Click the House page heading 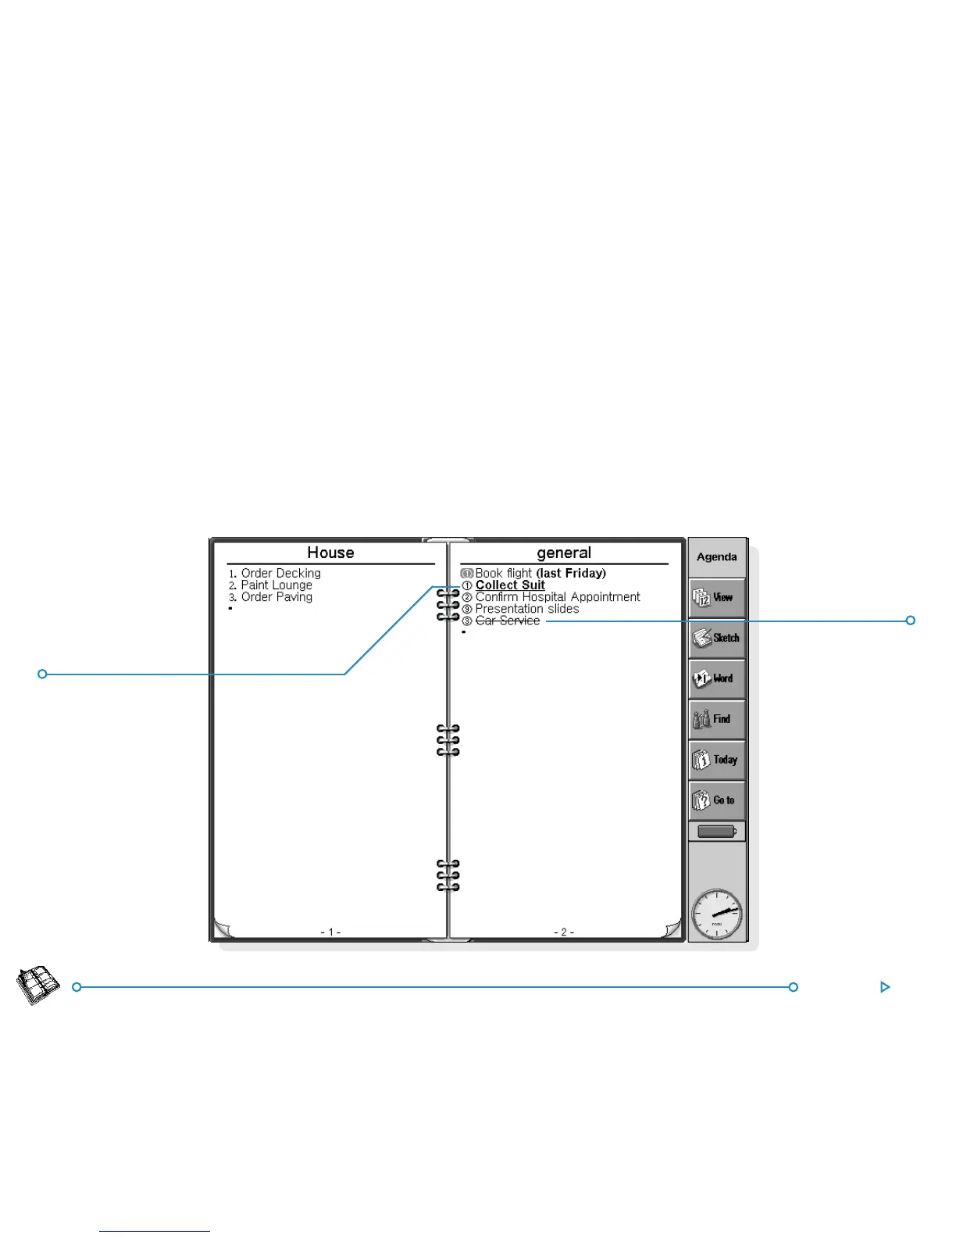[330, 553]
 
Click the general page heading [563, 553]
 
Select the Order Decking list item [280, 573]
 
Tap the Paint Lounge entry [276, 585]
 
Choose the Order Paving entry [276, 597]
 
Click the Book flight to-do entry [540, 573]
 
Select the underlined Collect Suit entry [510, 585]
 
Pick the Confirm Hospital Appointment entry [558, 597]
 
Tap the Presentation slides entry [527, 609]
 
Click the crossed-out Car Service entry [508, 621]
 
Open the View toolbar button [717, 598]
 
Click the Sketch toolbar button [717, 638]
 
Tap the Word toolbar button [717, 678]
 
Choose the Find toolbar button [717, 719]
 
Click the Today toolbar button [717, 760]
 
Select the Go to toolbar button [717, 800]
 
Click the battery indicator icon [717, 832]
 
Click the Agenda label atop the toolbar [717, 557]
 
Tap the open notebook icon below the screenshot [38, 986]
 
